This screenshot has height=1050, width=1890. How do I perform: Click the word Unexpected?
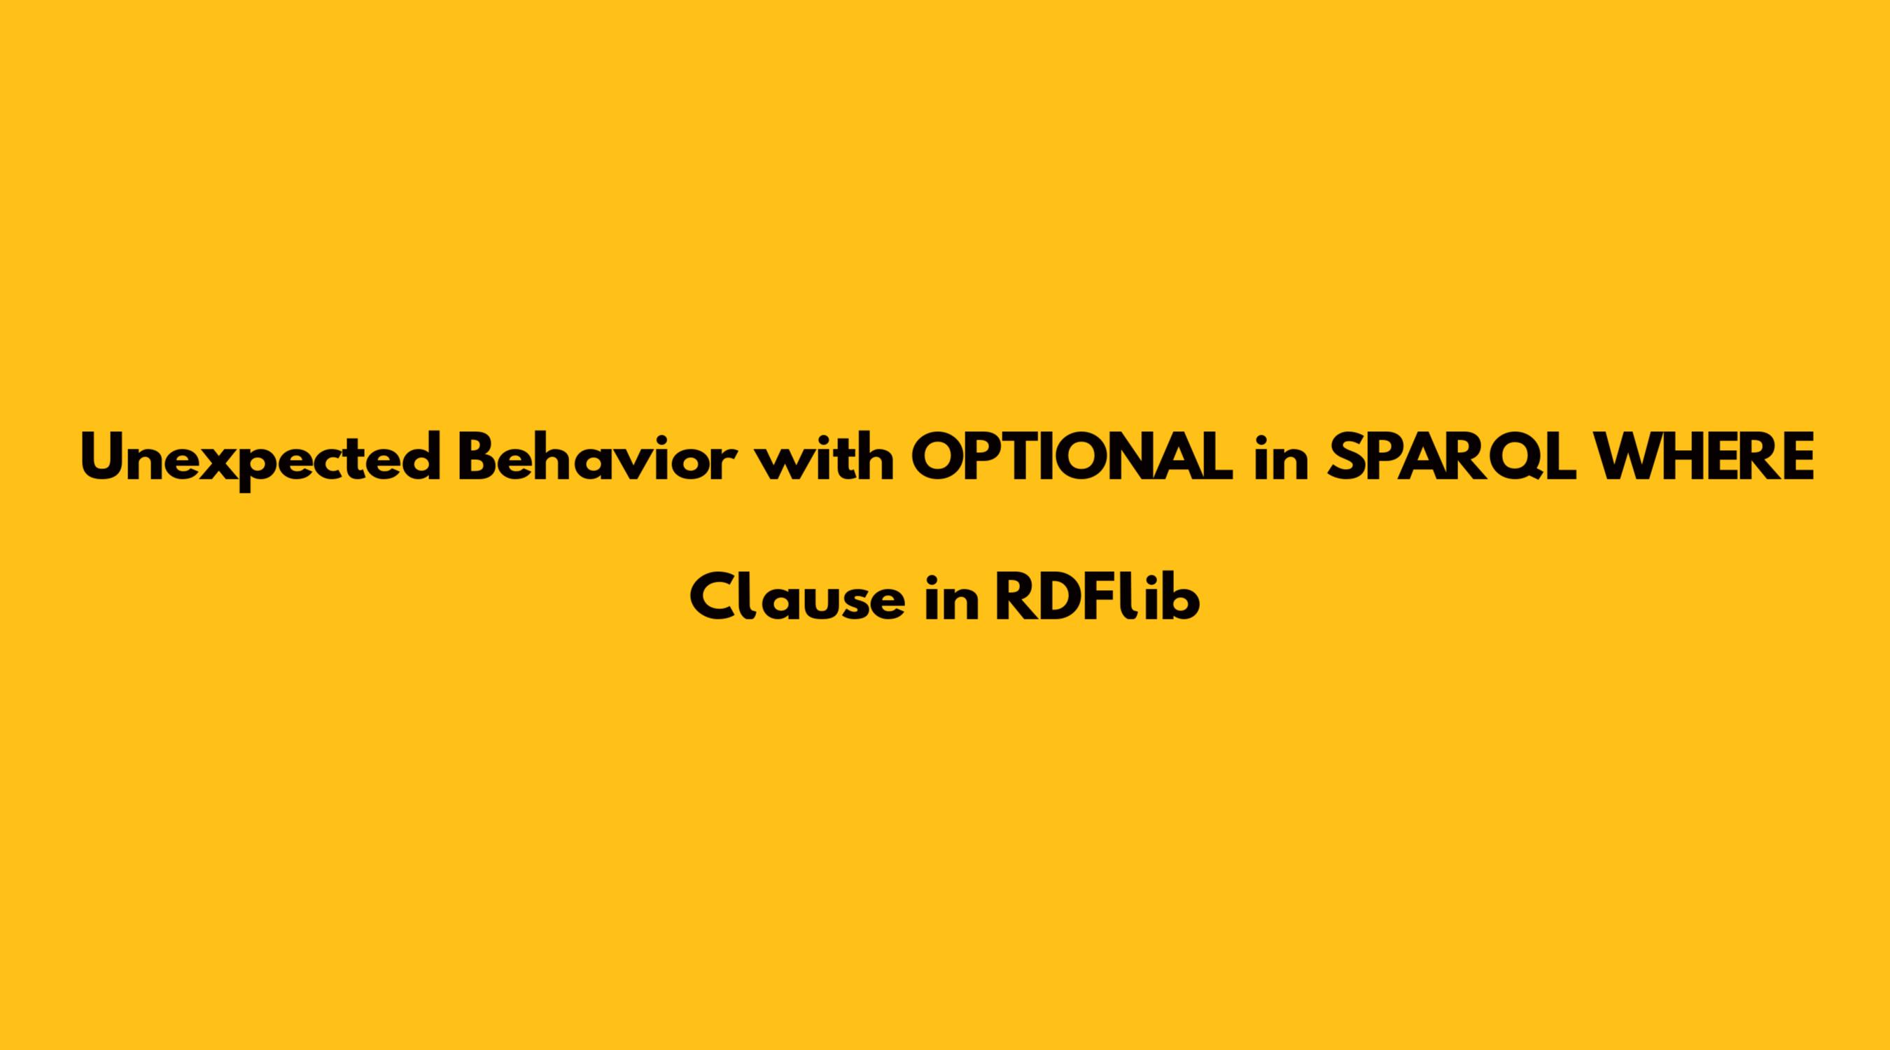260,459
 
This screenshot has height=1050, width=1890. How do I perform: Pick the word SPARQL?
1453,458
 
